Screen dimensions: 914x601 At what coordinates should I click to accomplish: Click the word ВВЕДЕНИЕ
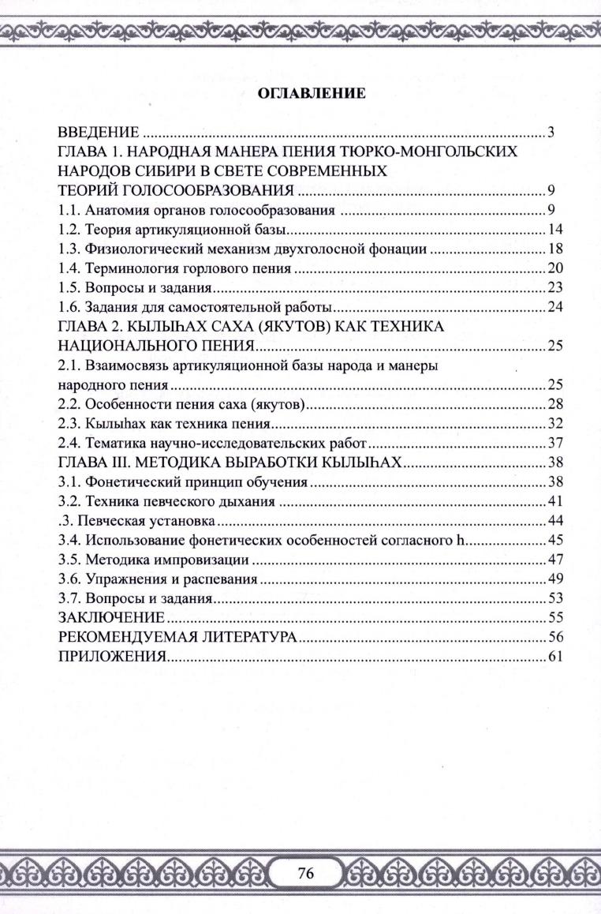99,132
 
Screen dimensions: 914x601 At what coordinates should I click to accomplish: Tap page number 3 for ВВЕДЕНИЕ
552,132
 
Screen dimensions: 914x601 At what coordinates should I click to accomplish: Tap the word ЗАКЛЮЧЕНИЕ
111,617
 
